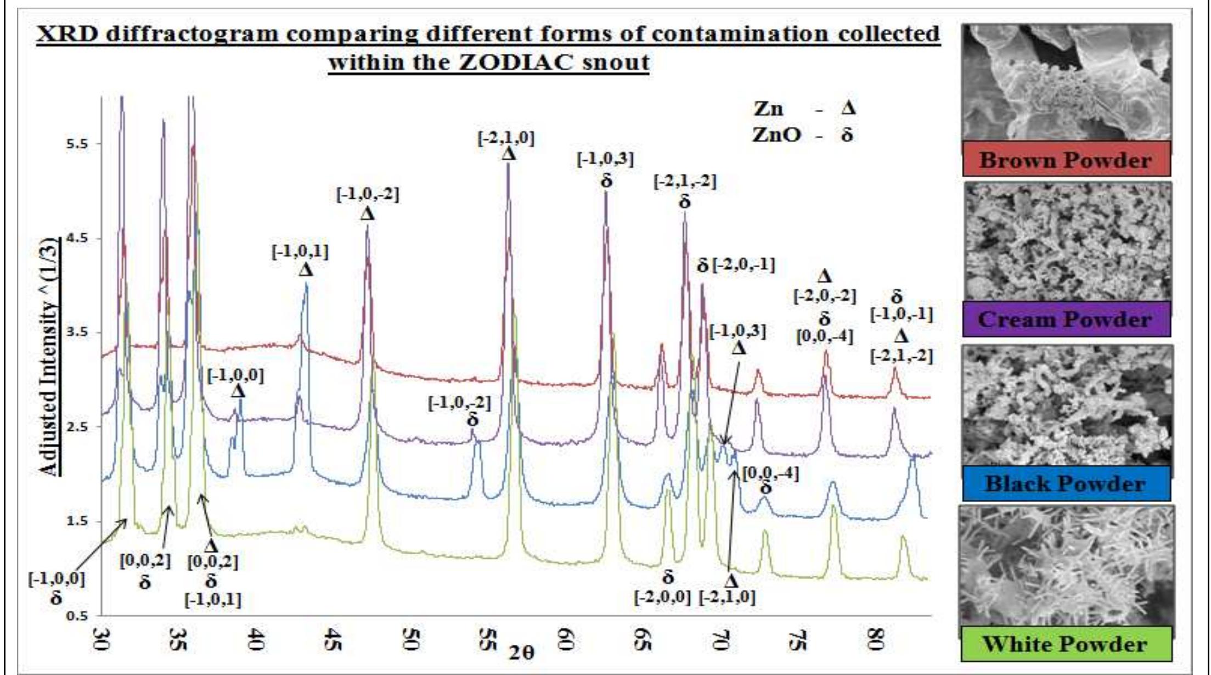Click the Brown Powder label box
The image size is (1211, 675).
click(1066, 160)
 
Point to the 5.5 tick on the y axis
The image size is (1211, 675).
click(77, 144)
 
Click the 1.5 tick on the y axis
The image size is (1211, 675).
click(77, 521)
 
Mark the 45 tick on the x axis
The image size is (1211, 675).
click(331, 638)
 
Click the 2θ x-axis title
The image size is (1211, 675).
click(521, 653)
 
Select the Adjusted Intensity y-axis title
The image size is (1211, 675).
click(50, 357)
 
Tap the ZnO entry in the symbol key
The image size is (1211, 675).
click(776, 134)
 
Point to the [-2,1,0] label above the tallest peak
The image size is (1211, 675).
click(505, 138)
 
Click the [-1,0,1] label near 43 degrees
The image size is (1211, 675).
click(301, 252)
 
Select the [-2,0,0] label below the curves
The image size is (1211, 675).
click(662, 597)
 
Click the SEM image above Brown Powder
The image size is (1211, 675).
click(1066, 82)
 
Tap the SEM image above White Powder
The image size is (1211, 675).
click(1066, 565)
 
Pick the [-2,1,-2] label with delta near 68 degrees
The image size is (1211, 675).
click(685, 181)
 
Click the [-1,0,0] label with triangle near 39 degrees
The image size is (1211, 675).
click(235, 376)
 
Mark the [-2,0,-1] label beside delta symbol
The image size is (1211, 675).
click(744, 266)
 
